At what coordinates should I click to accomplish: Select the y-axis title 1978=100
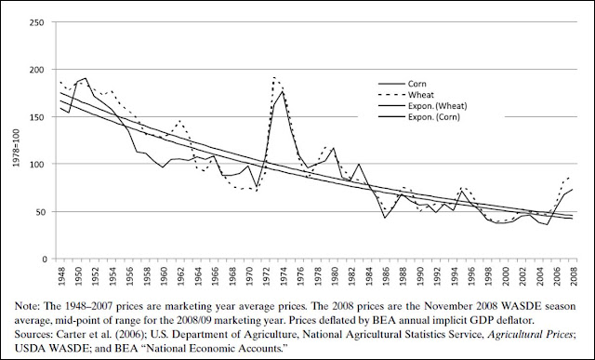point(17,149)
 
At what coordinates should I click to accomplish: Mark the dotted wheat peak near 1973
point(274,77)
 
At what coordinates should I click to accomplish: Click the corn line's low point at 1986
point(385,218)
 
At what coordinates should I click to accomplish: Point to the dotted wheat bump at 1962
point(179,121)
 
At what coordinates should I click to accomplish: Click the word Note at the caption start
point(27,306)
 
